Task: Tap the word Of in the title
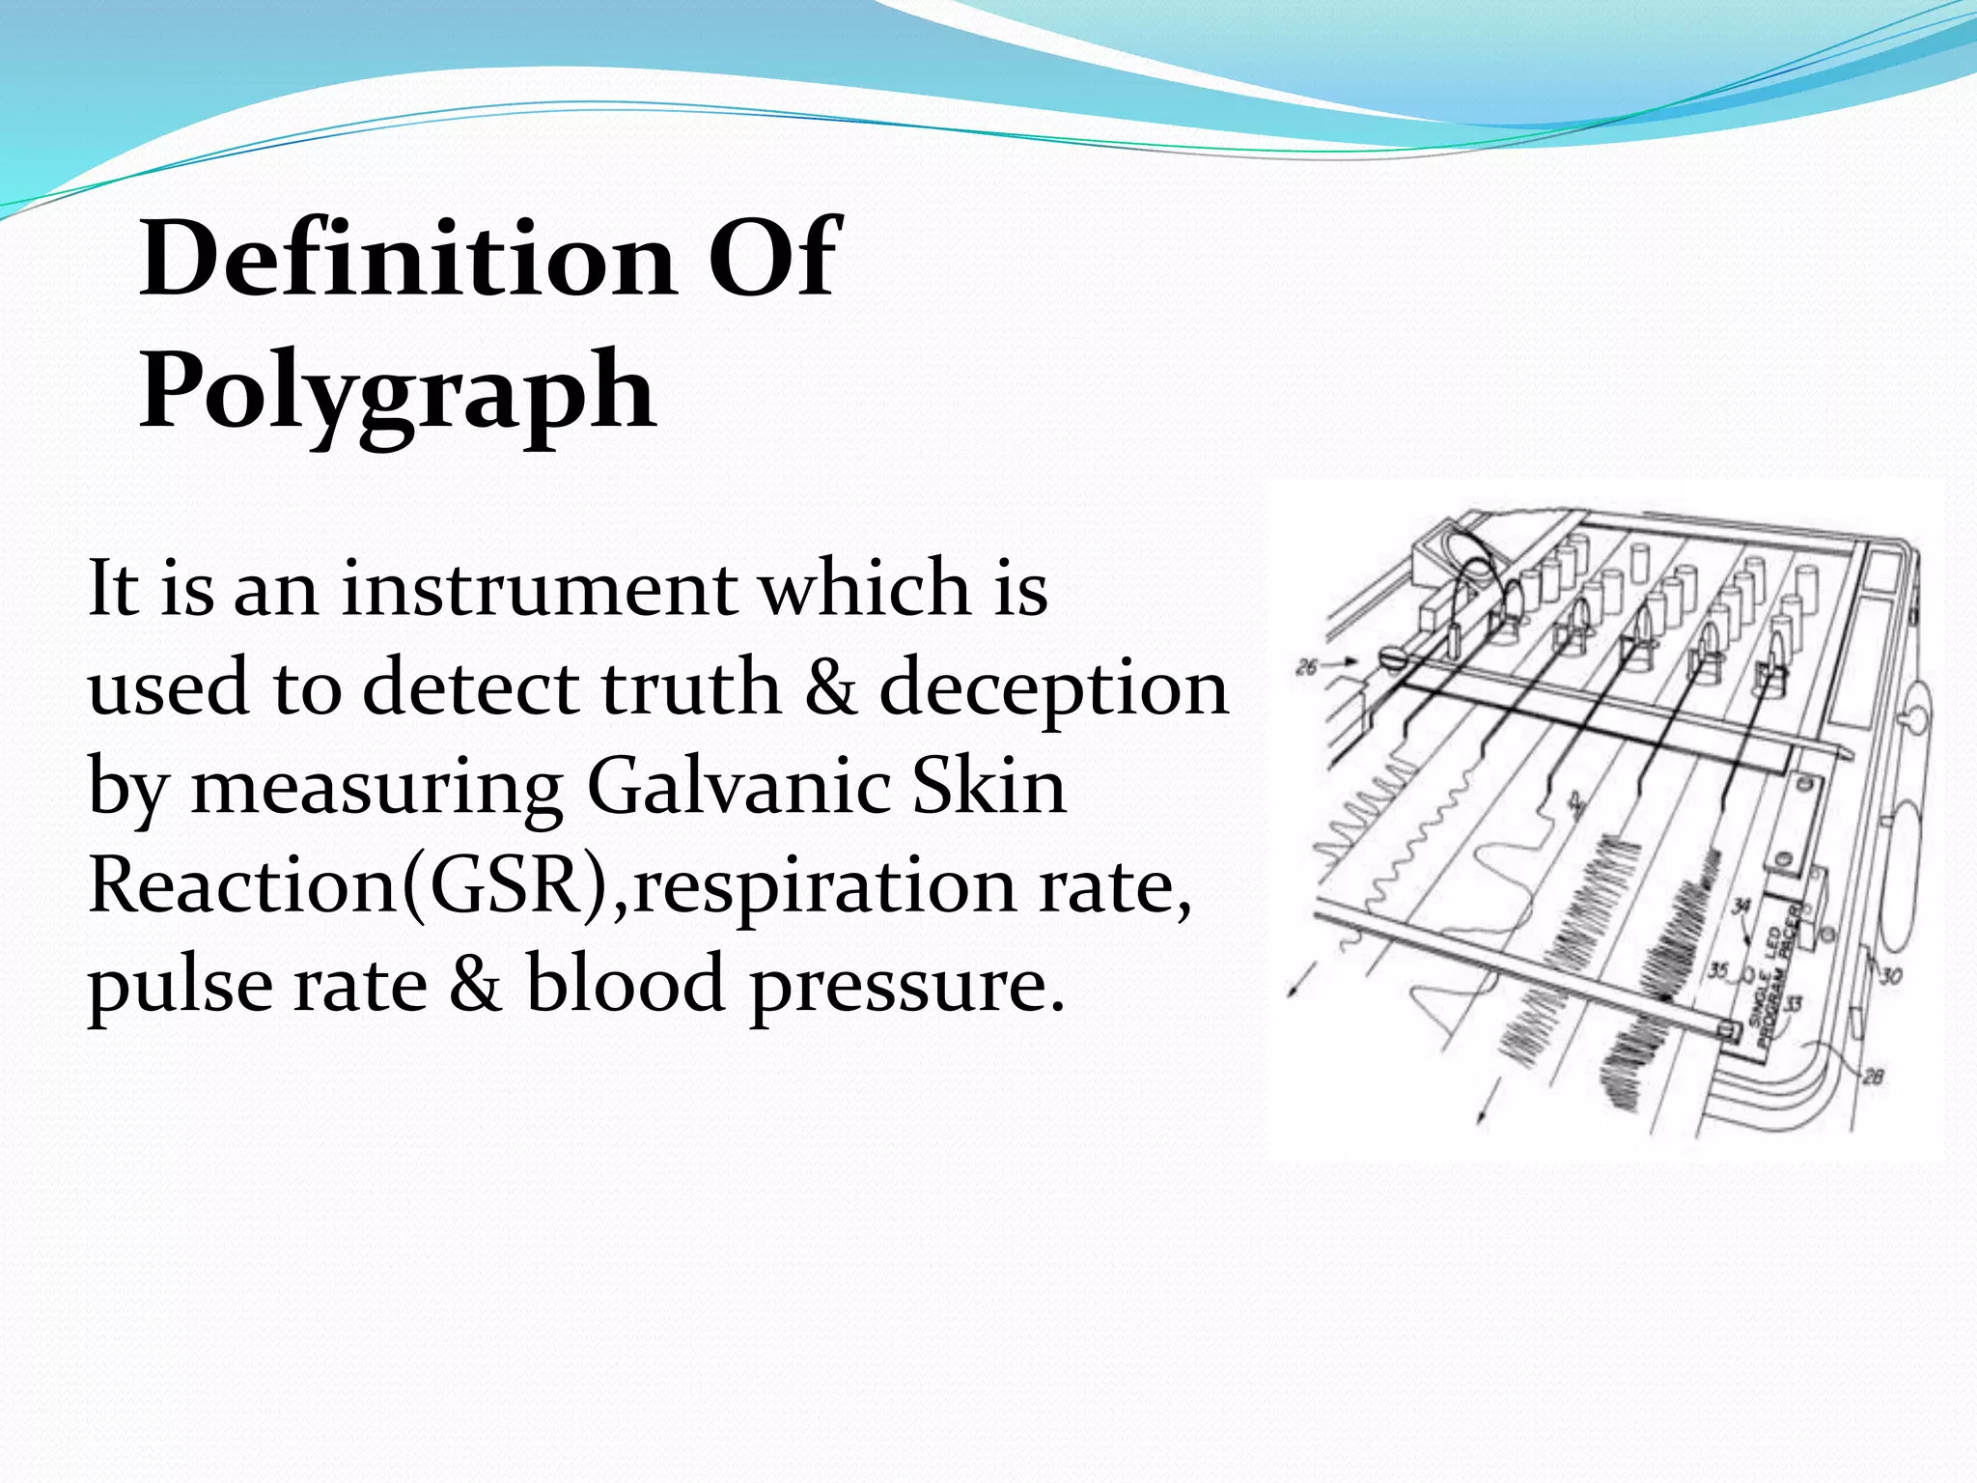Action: point(774,259)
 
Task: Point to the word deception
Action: point(1053,690)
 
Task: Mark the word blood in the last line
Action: point(624,984)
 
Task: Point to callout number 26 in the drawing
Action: point(1306,666)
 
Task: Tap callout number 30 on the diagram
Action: point(1890,976)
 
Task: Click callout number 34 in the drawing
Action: point(1740,906)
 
